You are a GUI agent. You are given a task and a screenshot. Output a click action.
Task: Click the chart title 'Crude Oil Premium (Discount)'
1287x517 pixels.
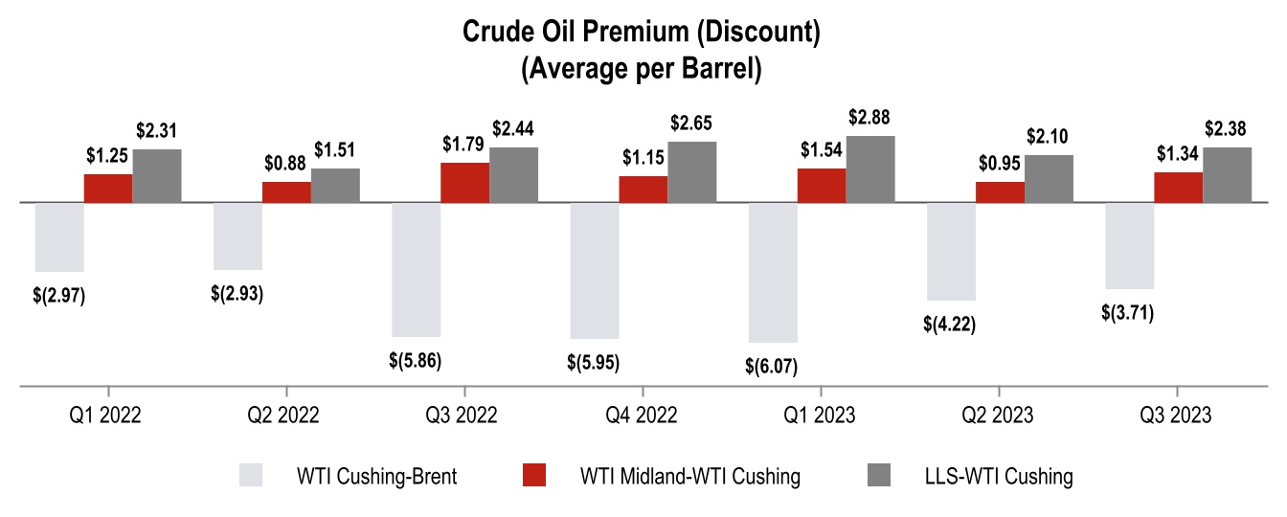click(642, 33)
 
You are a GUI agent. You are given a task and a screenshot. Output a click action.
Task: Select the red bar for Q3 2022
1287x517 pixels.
click(464, 182)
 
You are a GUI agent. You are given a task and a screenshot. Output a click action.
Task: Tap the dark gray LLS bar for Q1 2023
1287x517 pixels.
click(870, 169)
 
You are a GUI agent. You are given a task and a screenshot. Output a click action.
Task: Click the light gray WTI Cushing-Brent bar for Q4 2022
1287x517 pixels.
click(595, 270)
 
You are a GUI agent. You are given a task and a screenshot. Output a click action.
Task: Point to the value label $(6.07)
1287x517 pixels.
click(771, 365)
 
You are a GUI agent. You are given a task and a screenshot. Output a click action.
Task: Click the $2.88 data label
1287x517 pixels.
click(869, 119)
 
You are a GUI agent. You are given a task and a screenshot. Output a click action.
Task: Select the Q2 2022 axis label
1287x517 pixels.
click(285, 416)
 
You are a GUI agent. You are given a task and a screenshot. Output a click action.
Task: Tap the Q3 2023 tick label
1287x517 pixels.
click(1177, 416)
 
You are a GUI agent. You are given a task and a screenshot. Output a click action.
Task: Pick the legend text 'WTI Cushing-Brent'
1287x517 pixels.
click(377, 476)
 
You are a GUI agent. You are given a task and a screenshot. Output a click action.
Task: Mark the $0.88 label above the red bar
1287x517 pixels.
click(285, 164)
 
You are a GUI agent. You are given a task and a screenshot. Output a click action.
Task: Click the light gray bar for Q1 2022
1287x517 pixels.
click(59, 236)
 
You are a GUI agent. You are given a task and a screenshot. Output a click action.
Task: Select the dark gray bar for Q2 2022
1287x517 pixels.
click(335, 185)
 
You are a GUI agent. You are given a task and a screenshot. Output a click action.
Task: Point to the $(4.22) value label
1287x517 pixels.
click(950, 324)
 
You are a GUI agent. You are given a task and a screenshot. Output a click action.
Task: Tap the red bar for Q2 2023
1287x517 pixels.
click(1000, 191)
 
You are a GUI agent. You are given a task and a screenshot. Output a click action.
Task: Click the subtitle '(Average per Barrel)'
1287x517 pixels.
click(642, 70)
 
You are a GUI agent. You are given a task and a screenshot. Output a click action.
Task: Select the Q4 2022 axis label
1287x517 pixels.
click(643, 416)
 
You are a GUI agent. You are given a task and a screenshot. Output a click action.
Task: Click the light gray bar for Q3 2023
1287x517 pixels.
click(1129, 245)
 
